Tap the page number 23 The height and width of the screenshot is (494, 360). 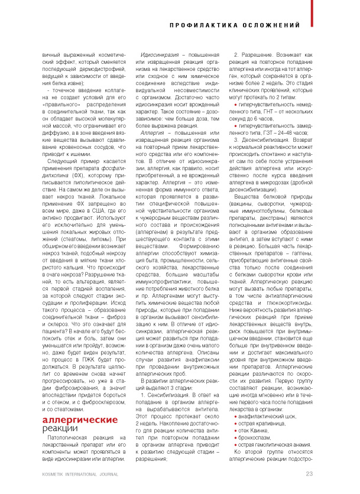pos(309,473)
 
